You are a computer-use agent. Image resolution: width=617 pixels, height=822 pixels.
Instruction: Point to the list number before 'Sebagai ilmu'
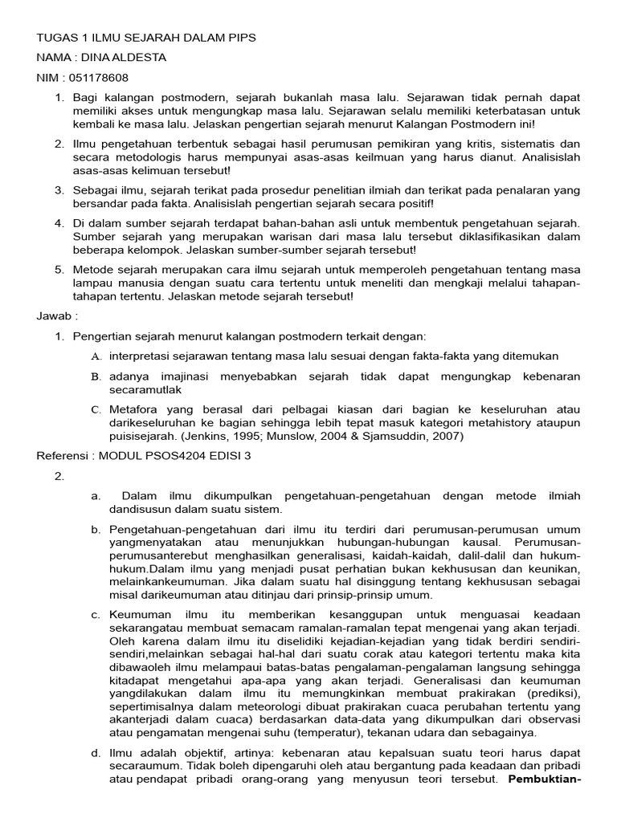(59, 190)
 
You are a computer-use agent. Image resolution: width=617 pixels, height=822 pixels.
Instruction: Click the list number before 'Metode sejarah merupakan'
(59, 269)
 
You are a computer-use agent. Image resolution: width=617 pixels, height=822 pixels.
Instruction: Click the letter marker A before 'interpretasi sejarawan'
(96, 356)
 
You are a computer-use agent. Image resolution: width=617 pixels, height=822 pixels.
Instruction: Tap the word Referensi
(63, 456)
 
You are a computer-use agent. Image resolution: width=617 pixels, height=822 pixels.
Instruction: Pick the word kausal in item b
(452, 543)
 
